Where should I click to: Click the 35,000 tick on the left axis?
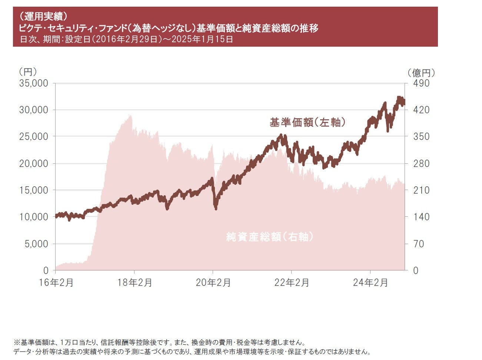pos(33,83)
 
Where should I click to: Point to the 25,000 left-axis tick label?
pos(33,137)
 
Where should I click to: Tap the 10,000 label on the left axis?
pos(33,217)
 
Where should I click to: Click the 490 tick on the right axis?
pos(421,83)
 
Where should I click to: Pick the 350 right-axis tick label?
pos(421,137)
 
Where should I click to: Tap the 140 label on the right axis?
pos(421,217)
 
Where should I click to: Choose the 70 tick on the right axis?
pos(419,244)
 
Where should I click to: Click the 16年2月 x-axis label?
pos(56,283)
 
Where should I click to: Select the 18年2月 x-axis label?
pos(134,283)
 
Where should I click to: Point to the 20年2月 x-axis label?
pos(213,283)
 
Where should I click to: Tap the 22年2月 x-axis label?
pos(292,283)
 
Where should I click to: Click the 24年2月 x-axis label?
pos(370,283)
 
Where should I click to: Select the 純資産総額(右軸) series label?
pos(270,237)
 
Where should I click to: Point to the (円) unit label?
pos(28,71)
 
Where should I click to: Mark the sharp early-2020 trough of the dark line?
pos(216,209)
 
